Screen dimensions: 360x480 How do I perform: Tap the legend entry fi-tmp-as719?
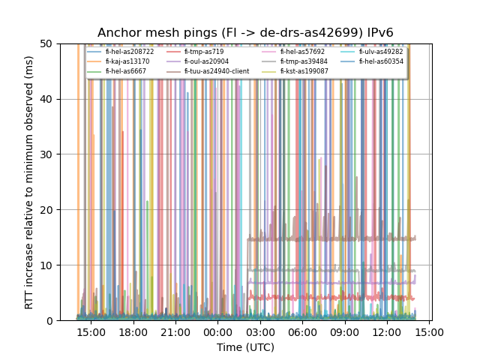point(204,52)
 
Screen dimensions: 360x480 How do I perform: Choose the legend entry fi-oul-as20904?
point(206,61)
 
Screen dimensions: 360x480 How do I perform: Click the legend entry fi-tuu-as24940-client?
point(217,71)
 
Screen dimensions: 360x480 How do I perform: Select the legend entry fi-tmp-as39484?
point(304,61)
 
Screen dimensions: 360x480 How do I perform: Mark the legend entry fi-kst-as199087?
point(304,71)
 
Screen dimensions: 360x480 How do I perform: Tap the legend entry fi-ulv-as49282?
point(380,52)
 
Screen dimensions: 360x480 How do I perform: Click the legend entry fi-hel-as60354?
point(380,61)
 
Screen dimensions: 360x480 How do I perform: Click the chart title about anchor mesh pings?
point(245,33)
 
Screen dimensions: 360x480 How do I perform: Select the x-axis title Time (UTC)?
point(245,347)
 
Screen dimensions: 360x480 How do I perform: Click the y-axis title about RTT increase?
point(29,182)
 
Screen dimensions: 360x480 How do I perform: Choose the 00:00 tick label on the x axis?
point(217,332)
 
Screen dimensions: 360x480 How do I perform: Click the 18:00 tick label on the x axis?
point(133,332)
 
